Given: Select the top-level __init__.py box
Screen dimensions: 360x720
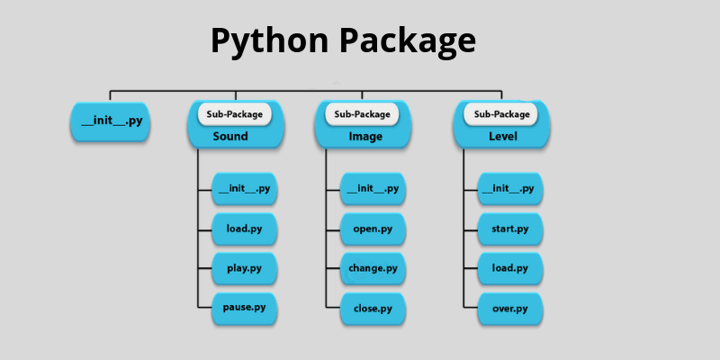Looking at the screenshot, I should (111, 121).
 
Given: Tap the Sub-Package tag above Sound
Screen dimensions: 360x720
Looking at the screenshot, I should (236, 114).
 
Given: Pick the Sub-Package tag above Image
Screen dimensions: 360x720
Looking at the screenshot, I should (363, 114).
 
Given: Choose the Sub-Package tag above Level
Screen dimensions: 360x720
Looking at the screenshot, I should (500, 114).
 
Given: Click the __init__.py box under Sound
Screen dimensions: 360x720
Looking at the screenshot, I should (244, 189).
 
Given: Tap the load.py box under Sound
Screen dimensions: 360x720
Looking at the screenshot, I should (244, 229).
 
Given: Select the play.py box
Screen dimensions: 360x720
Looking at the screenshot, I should (244, 268).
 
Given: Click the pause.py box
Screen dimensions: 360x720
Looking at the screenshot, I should (244, 308).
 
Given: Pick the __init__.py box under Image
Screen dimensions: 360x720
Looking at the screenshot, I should (373, 189).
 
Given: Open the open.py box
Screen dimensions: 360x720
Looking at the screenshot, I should (373, 229).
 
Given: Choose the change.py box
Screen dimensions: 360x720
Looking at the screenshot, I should (373, 268).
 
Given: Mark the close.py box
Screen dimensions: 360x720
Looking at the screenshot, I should (373, 308).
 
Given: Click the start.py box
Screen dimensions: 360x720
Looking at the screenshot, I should (509, 229).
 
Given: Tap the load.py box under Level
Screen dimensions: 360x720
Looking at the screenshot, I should (509, 268).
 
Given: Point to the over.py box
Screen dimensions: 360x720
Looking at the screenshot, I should (509, 308).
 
